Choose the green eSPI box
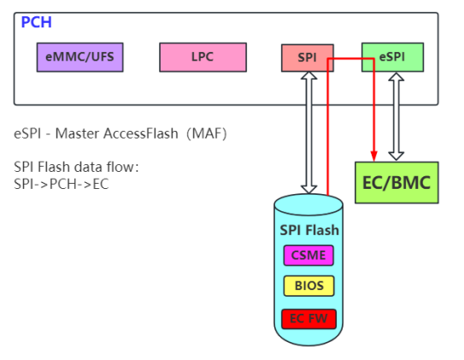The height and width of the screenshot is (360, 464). pos(392,57)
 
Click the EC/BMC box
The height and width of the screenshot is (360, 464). pos(396,182)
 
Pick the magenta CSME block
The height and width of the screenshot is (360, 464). pos(308,255)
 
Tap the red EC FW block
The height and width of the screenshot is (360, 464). pos(308,319)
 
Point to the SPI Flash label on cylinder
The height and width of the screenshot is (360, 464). pos(309,230)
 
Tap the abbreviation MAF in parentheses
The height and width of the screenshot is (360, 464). pos(206,134)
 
